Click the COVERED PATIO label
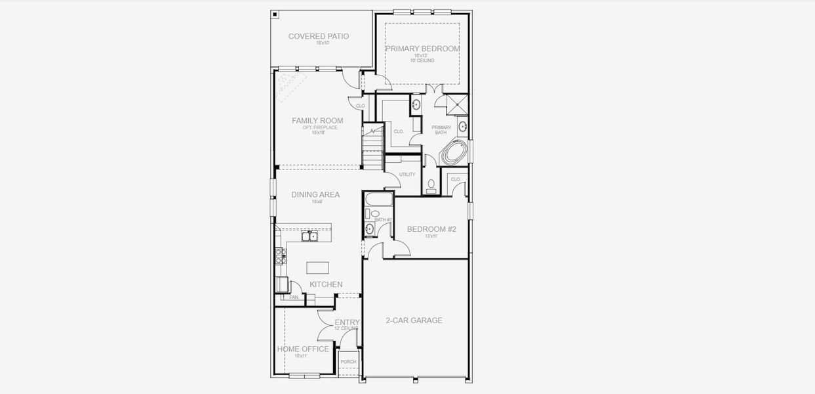coord(319,36)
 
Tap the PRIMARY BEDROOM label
coord(422,49)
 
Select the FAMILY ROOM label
coord(317,121)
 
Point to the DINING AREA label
coord(315,194)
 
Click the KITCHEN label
coord(326,284)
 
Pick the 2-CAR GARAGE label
coord(414,320)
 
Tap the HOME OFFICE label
coord(303,349)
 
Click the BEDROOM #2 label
coord(431,229)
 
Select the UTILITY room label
coord(407,174)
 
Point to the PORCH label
coord(349,362)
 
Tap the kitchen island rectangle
coord(317,267)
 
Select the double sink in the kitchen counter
coord(309,236)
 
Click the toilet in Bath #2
coord(374,214)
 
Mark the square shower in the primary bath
coord(454,104)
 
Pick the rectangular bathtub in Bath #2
coord(378,198)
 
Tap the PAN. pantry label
coord(294,297)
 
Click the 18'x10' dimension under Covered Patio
coord(321,43)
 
